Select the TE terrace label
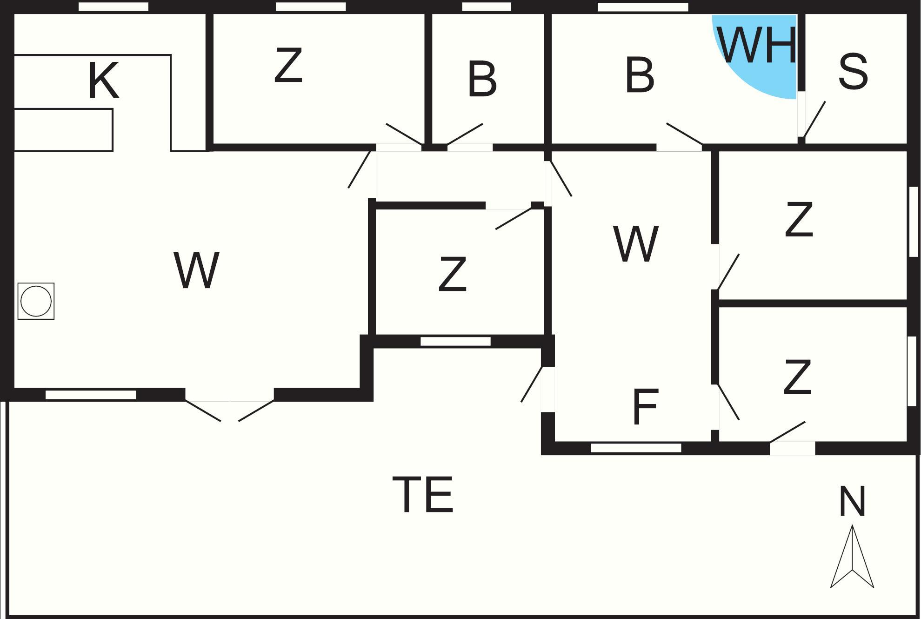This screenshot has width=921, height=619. point(423,494)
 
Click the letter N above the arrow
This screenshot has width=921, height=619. point(852,502)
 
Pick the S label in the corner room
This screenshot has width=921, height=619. point(853,72)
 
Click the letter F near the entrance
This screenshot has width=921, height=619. point(646,407)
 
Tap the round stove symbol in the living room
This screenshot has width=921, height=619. point(36,301)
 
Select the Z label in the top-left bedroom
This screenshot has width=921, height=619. point(288,66)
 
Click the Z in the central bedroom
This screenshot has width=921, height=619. point(452,275)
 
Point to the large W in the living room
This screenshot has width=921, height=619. point(196,270)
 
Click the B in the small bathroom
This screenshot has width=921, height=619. point(482,79)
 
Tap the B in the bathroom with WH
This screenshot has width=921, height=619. point(640,74)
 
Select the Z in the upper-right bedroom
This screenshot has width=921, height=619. point(799,219)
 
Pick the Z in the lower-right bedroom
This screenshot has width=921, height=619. point(797,377)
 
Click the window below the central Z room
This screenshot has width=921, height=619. point(455,342)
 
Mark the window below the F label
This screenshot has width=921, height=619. point(636,448)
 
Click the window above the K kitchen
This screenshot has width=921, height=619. point(113,7)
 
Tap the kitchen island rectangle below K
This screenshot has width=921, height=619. point(63,130)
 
